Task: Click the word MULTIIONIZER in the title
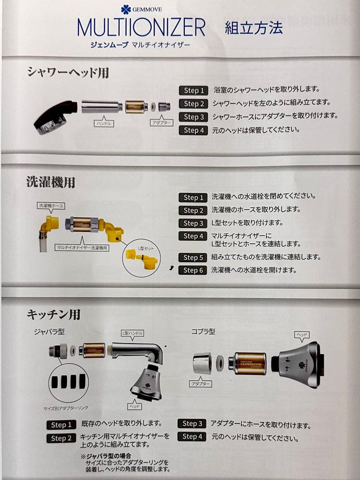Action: coord(141,28)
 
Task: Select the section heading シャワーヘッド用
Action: coord(68,72)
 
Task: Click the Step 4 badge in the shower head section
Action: coord(193,130)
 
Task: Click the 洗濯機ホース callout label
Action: coord(52,205)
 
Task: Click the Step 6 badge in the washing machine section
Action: coord(193,270)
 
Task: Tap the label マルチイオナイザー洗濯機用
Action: coord(82,248)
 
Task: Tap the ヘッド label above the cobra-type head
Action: coord(302,334)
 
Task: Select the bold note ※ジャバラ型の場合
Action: coord(102,456)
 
